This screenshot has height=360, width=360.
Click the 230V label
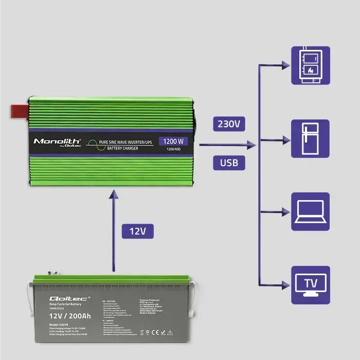pos(229,124)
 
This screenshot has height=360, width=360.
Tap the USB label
pos(229,164)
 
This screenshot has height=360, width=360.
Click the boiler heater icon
pos(311,65)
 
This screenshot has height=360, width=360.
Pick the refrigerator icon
pos(311,138)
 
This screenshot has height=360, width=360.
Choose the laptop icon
pos(311,211)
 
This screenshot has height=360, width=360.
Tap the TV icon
pos(311,284)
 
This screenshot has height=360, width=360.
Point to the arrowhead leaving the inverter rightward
pos(251,146)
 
